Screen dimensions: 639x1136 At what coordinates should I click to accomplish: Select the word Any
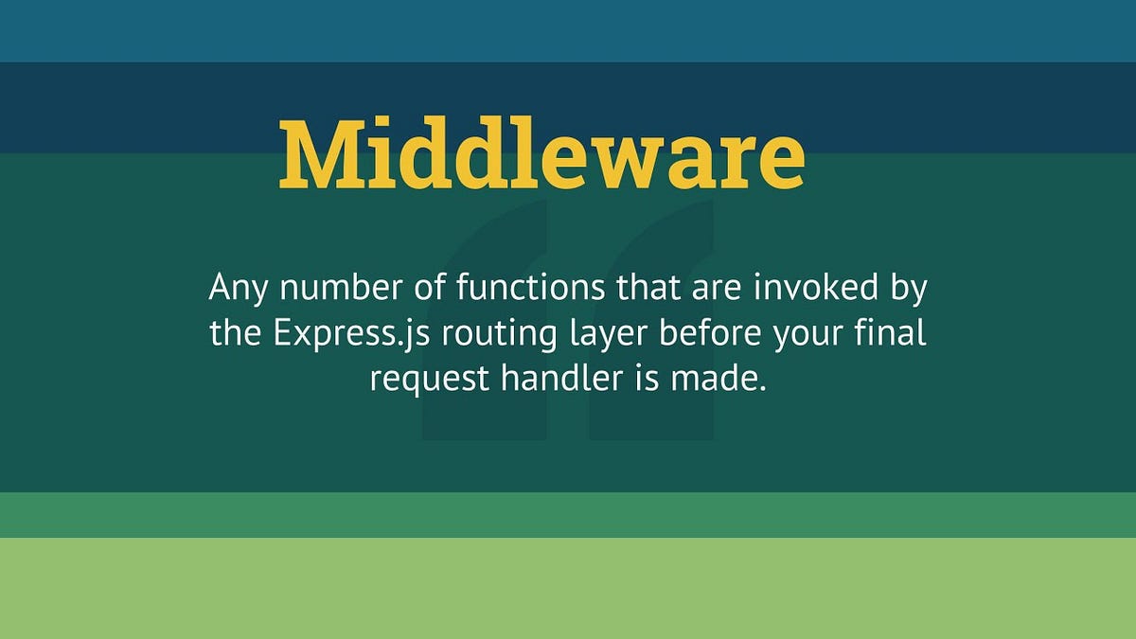pos(234,288)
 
